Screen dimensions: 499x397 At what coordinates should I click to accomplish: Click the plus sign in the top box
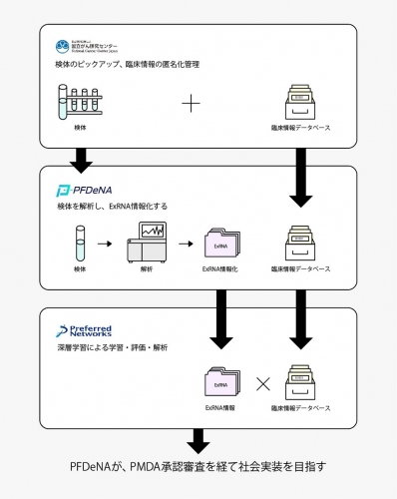pyautogui.click(x=191, y=103)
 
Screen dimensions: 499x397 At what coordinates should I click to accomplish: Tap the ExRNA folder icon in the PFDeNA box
pyautogui.click(x=219, y=245)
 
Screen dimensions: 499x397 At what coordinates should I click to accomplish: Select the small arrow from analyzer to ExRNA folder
pyautogui.click(x=184, y=244)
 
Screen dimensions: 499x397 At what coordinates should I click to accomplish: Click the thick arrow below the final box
pyautogui.click(x=198, y=439)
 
